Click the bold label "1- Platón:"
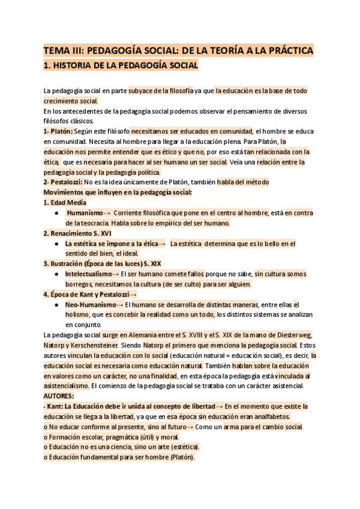58,131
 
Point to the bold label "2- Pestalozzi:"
63,182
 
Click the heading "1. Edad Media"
64,202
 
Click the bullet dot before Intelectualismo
56,274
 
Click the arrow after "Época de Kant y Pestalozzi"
133,294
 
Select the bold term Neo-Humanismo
90,304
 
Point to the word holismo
79,315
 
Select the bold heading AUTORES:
58,396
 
